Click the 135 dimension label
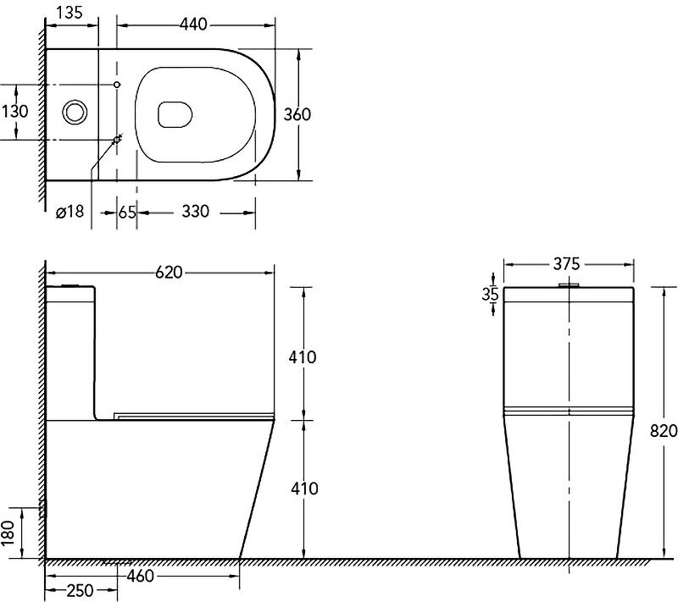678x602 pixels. point(70,14)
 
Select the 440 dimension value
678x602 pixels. point(194,25)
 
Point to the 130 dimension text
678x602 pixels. point(14,112)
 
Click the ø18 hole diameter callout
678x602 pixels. point(69,212)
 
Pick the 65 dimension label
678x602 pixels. point(127,212)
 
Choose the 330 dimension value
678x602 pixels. point(195,212)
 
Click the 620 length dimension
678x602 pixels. point(169,273)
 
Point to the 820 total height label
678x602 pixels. point(665,430)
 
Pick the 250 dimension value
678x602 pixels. point(81,591)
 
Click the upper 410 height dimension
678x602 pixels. point(303,357)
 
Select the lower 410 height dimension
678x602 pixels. point(303,489)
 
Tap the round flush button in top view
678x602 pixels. point(74,111)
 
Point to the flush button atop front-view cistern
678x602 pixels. point(568,285)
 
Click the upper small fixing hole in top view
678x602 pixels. point(117,85)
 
